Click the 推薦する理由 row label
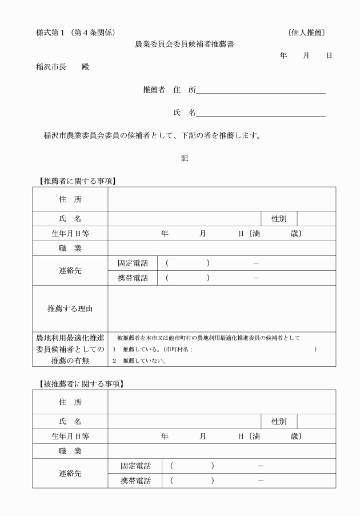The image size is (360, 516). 70,309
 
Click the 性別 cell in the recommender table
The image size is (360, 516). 279,219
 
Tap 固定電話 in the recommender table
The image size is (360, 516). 133,263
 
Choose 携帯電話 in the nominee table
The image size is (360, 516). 135,481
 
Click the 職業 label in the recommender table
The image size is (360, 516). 70,249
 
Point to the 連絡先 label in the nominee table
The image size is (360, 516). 70,473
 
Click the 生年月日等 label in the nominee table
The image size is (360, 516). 70,436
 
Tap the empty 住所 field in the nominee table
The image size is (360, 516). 222,402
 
